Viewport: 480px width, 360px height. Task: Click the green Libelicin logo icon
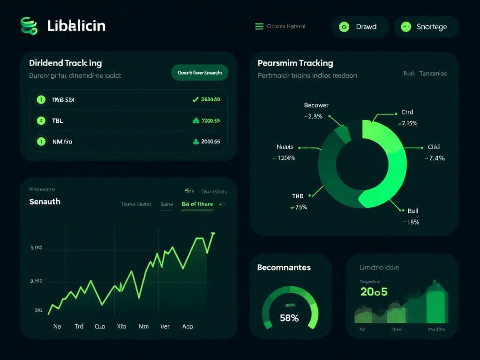coord(29,26)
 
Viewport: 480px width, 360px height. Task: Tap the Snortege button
coord(426,27)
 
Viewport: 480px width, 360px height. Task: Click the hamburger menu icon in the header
coord(259,27)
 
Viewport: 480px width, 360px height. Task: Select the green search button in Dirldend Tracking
coord(200,73)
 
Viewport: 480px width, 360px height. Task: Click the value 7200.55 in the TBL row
coord(210,120)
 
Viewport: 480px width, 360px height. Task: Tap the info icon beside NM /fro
coord(41,141)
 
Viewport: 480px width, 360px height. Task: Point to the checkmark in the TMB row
coord(195,99)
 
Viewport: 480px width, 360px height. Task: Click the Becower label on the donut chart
coord(316,105)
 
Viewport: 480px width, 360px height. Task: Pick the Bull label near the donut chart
coord(412,211)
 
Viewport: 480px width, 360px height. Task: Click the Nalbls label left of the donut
coord(285,147)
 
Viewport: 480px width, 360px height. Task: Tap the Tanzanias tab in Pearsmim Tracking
coord(433,74)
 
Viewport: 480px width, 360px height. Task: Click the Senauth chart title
coord(45,202)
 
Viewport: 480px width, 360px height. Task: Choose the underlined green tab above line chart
coord(197,204)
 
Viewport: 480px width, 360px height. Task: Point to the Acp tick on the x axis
coord(187,326)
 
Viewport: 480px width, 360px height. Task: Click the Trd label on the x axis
coord(79,326)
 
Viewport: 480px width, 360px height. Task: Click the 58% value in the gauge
coord(289,318)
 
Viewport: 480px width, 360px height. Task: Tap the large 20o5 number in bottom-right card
coord(374,292)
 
